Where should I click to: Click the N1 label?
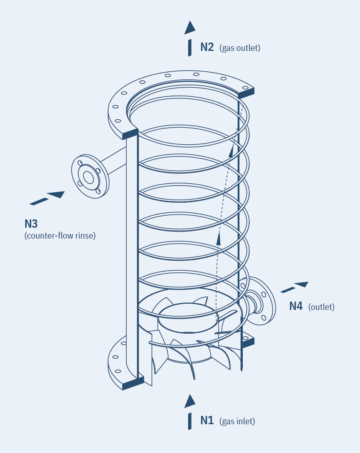pos(207,420)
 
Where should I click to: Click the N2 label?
pos(207,47)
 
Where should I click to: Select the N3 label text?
pos(31,224)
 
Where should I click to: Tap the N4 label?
pos(296,306)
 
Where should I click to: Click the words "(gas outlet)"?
pos(240,48)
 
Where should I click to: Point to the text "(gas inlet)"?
pos(238,421)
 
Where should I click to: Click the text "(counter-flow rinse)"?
pos(60,236)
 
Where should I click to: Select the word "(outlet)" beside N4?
pos(321,307)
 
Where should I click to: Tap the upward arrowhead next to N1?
pos(190,401)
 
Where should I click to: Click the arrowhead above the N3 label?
pos(56,194)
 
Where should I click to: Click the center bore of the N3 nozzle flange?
pos(88,177)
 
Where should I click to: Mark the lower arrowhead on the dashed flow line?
pos(218,239)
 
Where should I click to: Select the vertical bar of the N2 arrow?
pos(190,48)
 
